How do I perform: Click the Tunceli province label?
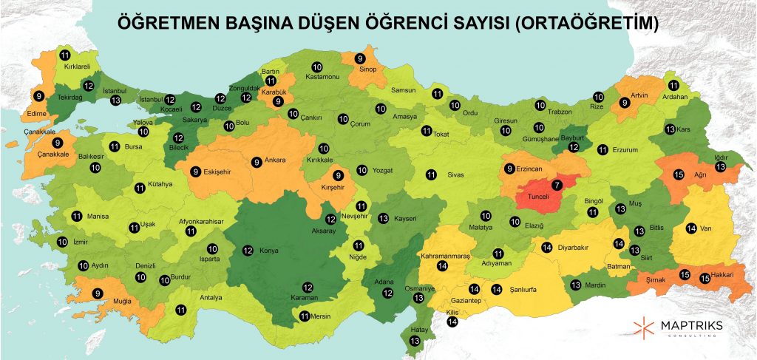click(538, 197)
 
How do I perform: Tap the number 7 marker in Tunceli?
click(557, 184)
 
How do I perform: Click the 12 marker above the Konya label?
click(248, 250)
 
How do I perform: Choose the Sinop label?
click(368, 69)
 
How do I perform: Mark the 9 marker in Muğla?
click(97, 293)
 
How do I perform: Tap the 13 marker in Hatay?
click(414, 340)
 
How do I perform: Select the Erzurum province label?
click(625, 150)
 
